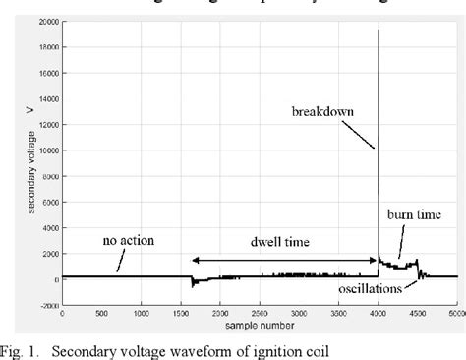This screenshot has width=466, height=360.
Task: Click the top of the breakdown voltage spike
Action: click(379, 30)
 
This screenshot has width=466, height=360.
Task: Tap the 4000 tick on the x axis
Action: click(379, 314)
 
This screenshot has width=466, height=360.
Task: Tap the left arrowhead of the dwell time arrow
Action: click(193, 260)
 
